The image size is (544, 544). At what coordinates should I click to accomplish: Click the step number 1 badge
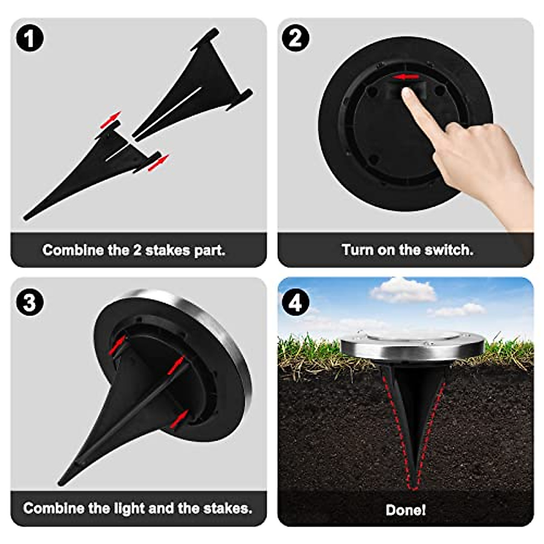[x=30, y=38]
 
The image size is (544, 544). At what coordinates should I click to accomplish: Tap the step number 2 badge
[x=296, y=38]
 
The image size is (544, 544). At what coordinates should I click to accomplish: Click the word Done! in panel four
[x=406, y=510]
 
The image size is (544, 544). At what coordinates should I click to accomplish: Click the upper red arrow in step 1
[x=112, y=119]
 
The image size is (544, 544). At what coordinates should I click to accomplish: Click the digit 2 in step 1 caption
[x=137, y=250]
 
